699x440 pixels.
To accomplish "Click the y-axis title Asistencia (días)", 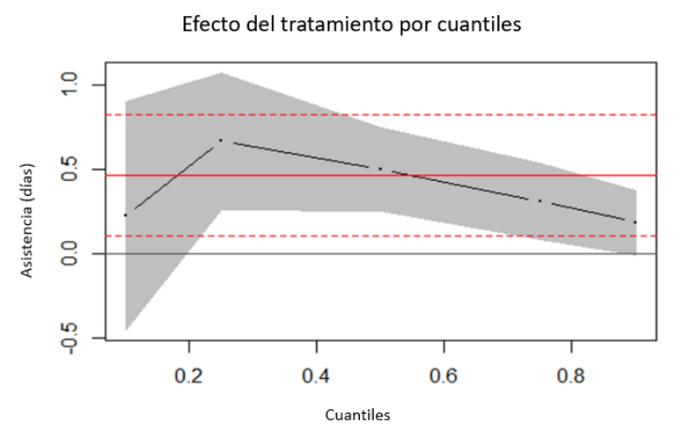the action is (27, 220).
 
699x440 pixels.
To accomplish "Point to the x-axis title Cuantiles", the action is (358, 415).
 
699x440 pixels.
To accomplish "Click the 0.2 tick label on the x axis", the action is (189, 376).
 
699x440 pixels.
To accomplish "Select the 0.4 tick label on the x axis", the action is (316, 376).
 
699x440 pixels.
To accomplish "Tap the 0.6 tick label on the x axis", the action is (443, 376).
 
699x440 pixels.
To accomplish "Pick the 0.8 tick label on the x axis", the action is (571, 376).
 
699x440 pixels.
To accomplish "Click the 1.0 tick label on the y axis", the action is (69, 84).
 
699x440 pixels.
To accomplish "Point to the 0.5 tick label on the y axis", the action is (69, 169).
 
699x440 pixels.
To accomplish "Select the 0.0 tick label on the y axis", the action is (69, 253).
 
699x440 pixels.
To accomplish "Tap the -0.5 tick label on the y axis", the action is (69, 338).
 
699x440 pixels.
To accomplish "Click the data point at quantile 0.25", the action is (221, 140).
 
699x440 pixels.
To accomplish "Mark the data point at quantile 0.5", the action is (380, 169).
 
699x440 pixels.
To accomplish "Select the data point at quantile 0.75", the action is (540, 201).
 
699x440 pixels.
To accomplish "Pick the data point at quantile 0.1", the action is (126, 215).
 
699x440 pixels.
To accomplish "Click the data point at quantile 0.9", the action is (635, 221).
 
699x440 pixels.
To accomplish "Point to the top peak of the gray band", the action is (221, 73).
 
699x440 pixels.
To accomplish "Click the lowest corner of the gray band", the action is (126, 330).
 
